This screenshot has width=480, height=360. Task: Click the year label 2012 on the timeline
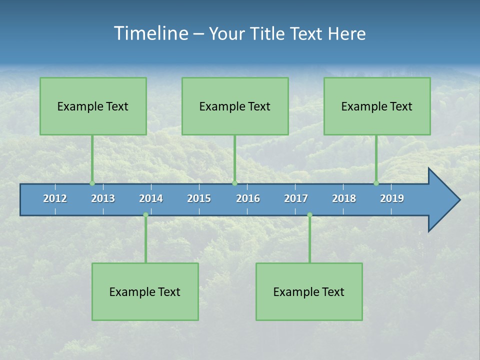[x=55, y=198]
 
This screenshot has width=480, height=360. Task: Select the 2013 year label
[x=103, y=198]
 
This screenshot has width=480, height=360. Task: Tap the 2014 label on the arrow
[x=151, y=198]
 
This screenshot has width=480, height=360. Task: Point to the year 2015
[x=199, y=198]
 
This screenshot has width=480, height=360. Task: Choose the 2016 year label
[x=248, y=198]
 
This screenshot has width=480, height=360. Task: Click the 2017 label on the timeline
[x=296, y=198]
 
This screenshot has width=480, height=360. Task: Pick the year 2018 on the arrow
[x=344, y=198]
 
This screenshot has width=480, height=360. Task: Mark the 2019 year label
[x=392, y=198]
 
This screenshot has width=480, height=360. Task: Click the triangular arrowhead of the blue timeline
[x=442, y=200]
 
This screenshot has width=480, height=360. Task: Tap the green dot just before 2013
[x=92, y=183]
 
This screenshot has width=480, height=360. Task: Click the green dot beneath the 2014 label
[x=145, y=215]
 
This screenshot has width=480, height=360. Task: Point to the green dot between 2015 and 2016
[x=234, y=183]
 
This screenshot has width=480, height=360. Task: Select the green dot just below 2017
[x=309, y=215]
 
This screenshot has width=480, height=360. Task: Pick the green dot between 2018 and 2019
[x=376, y=183]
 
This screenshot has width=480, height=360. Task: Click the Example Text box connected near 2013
[x=93, y=106]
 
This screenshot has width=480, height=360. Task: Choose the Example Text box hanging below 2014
[x=145, y=291]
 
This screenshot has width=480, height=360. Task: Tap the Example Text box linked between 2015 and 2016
[x=235, y=106]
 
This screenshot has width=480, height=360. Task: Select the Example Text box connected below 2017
[x=309, y=291]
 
